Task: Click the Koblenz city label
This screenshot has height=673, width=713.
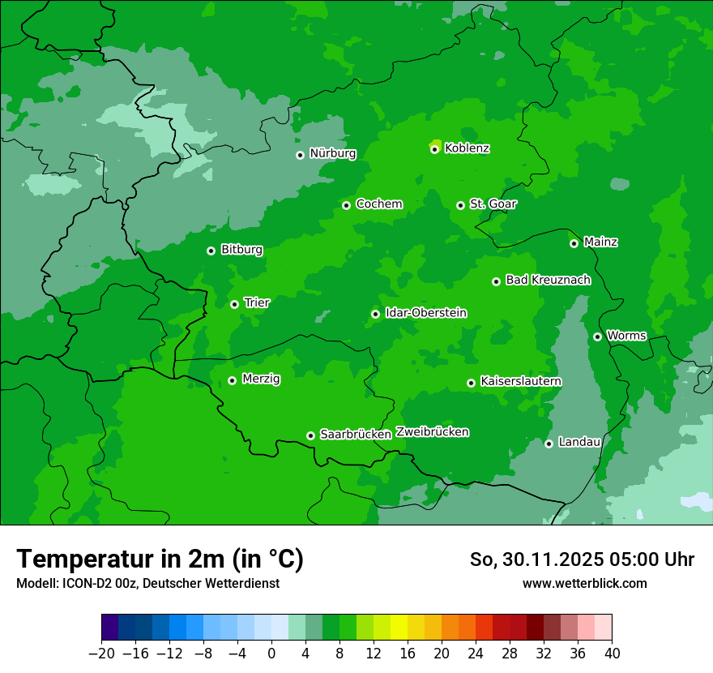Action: click(467, 148)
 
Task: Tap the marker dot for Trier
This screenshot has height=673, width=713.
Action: click(234, 304)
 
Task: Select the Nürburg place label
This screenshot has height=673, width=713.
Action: click(332, 153)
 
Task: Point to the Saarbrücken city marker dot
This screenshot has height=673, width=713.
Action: click(310, 435)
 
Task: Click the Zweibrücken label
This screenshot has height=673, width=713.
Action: click(432, 432)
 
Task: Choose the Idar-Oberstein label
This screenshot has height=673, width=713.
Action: click(425, 313)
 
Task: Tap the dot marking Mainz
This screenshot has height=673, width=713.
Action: click(574, 243)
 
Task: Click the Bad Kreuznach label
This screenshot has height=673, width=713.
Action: click(548, 280)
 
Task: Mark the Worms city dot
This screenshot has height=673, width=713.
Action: click(597, 336)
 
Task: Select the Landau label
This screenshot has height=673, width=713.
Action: click(579, 442)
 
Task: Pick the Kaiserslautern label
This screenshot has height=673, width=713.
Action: click(520, 381)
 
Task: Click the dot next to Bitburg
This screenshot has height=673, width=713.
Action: click(211, 251)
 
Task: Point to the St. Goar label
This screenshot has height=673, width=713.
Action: click(493, 204)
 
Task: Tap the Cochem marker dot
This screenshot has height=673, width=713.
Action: click(346, 205)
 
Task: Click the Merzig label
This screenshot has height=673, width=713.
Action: click(261, 379)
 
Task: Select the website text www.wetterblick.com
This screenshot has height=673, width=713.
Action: click(584, 583)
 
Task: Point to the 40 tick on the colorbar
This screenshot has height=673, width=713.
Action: click(612, 654)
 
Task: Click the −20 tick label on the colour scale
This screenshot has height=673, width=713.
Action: click(101, 654)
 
